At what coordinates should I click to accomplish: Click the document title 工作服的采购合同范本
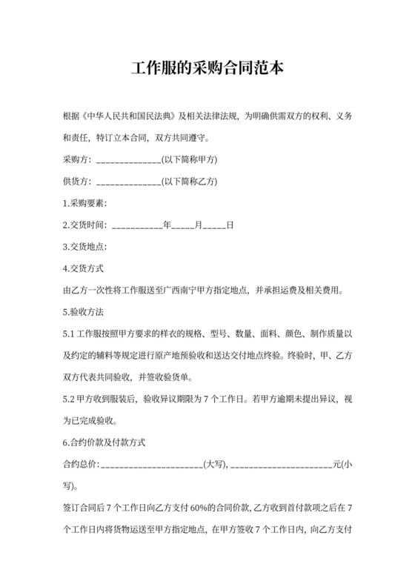[x=207, y=69]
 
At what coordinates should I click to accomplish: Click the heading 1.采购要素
[x=86, y=203]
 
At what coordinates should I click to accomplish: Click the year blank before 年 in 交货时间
[x=137, y=225]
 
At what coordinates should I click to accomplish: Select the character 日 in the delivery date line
[x=230, y=225]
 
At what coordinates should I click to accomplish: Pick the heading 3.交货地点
[x=86, y=246]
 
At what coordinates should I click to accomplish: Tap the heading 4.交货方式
[x=86, y=268]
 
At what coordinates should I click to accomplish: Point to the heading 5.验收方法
[x=86, y=311]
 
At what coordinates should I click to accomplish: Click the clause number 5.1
[x=71, y=332]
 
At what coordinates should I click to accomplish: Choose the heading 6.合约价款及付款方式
[x=105, y=443]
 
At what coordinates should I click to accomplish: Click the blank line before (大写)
[x=151, y=465]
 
